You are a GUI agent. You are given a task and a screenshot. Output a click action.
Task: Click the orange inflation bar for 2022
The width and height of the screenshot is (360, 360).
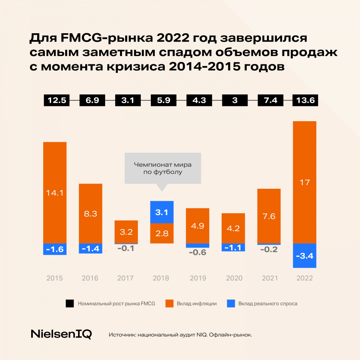[304, 182]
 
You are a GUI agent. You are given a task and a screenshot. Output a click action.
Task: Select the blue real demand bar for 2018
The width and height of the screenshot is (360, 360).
[162, 212]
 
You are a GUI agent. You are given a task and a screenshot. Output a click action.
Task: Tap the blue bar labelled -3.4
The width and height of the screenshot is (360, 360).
[304, 256]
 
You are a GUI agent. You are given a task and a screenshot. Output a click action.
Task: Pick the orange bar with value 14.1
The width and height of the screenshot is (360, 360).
[55, 192]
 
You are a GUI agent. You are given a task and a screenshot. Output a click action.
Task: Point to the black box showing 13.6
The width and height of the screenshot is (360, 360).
[305, 100]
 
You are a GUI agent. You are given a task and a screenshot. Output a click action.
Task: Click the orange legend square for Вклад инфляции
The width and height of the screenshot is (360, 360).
[168, 304]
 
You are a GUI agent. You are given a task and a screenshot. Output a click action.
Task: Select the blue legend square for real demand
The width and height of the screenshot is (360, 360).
[230, 304]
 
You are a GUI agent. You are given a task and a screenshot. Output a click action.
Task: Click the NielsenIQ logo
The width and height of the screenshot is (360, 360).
[61, 334]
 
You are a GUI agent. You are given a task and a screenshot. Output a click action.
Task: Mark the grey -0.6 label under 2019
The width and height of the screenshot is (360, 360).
[198, 252]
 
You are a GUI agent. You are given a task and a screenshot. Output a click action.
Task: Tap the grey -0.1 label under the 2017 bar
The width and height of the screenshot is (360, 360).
[126, 248]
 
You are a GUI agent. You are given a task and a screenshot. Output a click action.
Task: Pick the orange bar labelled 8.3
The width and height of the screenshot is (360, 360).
[90, 214]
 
